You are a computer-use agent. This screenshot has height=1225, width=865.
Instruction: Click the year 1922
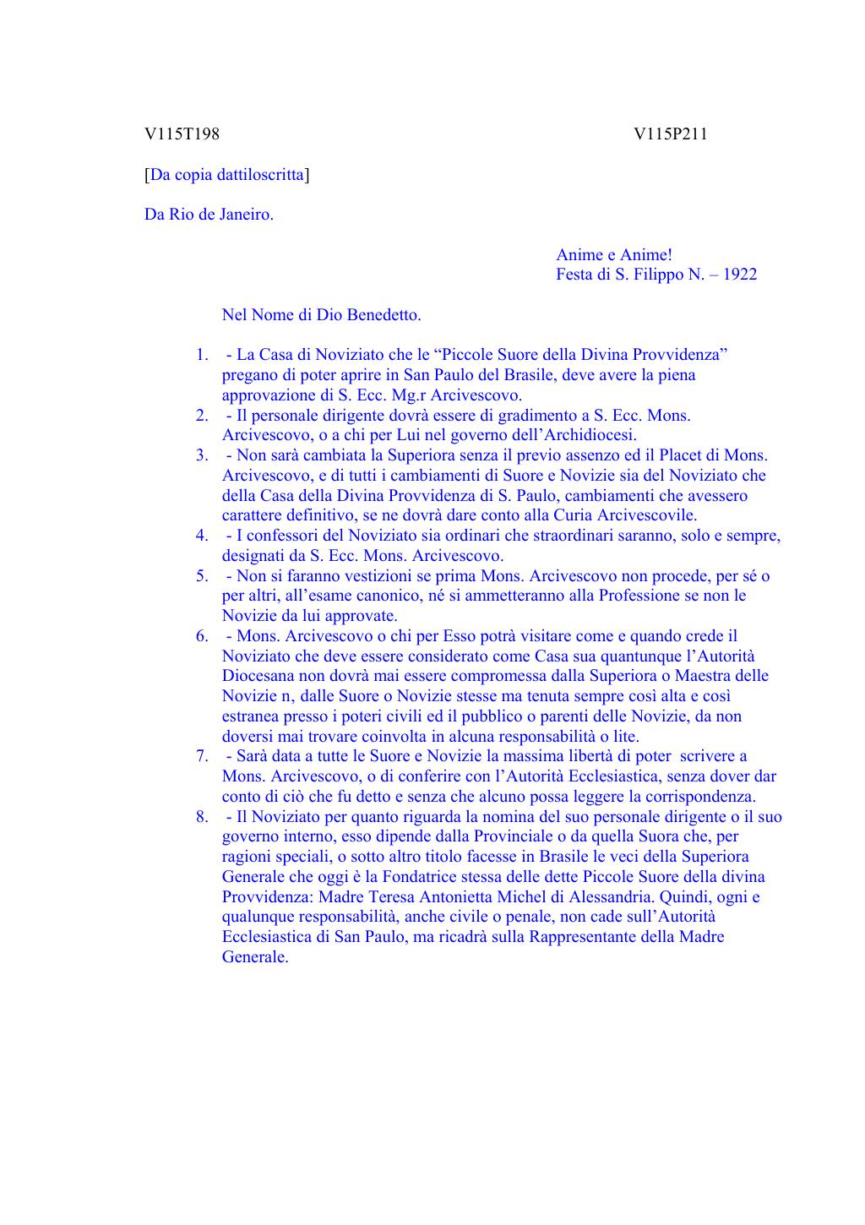point(741,275)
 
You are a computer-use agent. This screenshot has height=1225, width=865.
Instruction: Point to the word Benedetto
point(384,315)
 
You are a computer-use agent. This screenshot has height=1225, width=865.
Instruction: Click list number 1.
point(202,355)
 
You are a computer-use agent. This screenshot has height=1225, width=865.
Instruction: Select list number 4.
point(202,536)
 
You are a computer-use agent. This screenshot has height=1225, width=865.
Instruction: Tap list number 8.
point(202,817)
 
